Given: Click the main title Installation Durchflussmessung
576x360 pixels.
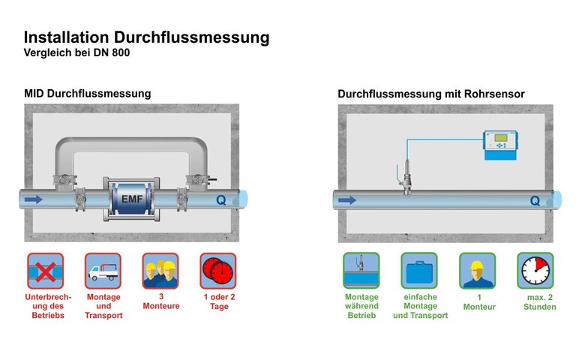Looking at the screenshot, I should coord(146,37).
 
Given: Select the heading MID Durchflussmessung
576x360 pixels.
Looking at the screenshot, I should coord(88,94).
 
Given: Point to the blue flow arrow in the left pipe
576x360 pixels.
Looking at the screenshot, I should coord(34,199).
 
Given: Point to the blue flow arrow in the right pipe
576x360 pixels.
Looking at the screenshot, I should coord(346,200).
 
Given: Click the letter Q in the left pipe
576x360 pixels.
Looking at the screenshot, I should coord(220,200).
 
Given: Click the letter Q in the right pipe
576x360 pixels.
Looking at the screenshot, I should coord(534,201).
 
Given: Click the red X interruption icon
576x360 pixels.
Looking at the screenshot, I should coord(46,271).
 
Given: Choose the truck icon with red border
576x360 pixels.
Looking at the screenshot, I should coord(103,271).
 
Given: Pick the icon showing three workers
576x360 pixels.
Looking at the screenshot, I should coord(160,271).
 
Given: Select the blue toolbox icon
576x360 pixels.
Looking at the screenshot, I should coord(419,271).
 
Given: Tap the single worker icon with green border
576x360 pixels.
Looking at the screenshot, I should coord(477,271).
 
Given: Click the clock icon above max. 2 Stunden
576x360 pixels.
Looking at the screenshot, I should coord(535,271).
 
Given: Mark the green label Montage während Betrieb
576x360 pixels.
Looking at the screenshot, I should coord(361,306).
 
